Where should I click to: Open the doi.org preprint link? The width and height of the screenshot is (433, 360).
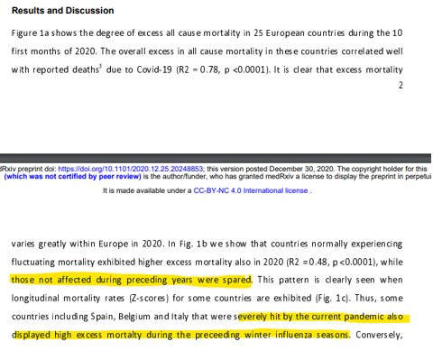tap(134, 167)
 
